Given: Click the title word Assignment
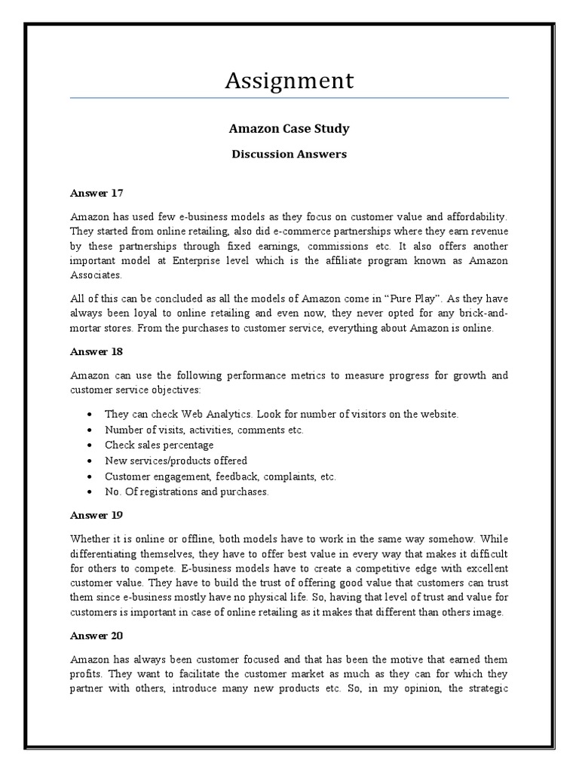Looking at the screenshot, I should click(289, 80).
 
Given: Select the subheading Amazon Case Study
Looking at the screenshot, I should click(289, 128).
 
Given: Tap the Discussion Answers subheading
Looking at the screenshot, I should click(289, 154).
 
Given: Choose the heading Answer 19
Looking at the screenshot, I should click(96, 515).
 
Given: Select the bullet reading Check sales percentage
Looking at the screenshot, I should click(158, 445).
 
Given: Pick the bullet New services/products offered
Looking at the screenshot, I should click(176, 460).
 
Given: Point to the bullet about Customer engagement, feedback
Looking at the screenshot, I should click(220, 476).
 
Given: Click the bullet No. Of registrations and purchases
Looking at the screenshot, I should click(186, 491).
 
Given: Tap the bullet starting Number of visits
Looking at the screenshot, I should click(204, 430).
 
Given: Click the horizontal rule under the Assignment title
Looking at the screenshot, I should click(289, 98).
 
